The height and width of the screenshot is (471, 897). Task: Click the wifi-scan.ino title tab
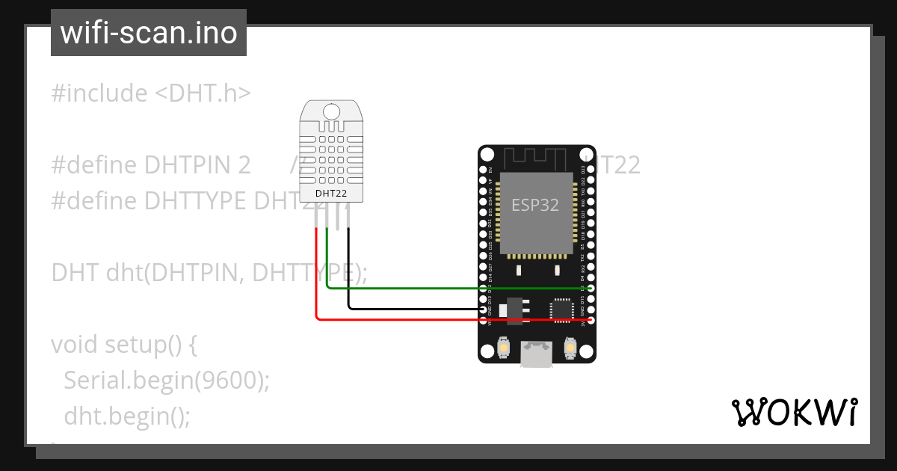149,33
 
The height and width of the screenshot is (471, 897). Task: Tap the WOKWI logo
793,412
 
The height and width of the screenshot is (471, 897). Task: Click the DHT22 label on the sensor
330,193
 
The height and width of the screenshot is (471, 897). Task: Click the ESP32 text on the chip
535,205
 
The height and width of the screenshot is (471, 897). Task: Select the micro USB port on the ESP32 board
537,354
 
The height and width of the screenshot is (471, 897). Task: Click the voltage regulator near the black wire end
514,310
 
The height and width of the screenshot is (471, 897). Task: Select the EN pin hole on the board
483,170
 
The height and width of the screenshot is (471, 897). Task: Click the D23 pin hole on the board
591,170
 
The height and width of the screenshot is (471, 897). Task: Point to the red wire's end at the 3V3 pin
591,320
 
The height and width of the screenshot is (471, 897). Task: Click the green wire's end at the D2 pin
591,288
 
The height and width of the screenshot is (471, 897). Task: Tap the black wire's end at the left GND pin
483,309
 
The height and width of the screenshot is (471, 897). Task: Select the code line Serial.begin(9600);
166,380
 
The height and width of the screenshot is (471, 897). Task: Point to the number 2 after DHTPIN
244,165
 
